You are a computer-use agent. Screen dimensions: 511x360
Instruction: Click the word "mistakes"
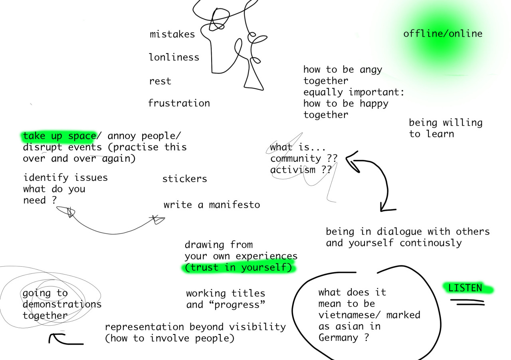click(172, 34)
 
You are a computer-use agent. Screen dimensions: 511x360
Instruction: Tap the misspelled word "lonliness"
click(174, 57)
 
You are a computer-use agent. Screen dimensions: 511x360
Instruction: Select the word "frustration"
click(179, 103)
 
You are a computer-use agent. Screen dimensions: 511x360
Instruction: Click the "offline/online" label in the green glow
click(442, 34)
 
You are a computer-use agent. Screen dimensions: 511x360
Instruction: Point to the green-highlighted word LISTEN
click(465, 288)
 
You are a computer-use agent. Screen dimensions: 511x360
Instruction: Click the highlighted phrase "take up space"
click(59, 136)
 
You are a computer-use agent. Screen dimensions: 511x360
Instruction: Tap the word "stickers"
click(184, 179)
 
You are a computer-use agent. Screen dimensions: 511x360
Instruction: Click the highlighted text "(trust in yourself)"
click(239, 267)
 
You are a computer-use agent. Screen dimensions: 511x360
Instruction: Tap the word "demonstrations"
click(62, 305)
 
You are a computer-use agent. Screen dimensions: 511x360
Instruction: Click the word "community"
click(295, 158)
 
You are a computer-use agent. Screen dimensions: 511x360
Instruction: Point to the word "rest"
click(160, 81)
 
